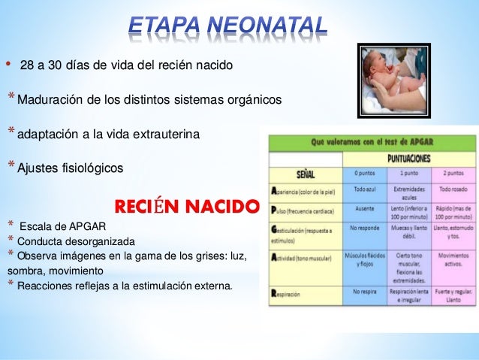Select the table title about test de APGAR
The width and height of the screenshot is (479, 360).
[373, 141]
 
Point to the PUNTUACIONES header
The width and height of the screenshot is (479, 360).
[409, 159]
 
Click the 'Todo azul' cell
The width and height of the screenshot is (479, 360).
[364, 190]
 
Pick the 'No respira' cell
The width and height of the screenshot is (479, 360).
[364, 290]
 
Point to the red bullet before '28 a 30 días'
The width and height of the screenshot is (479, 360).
[8, 65]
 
